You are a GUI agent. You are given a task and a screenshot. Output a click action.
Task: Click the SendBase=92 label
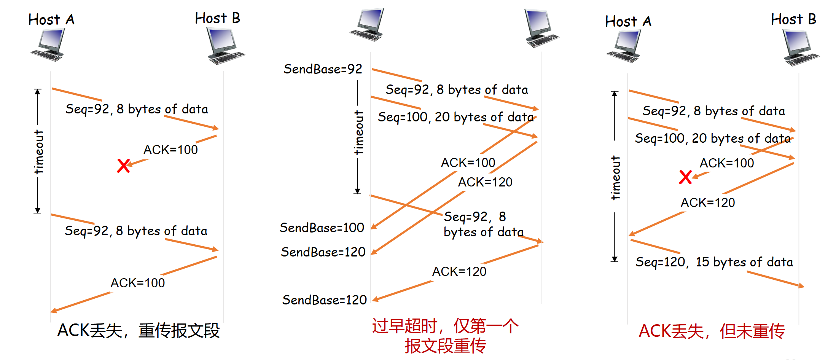(x=323, y=69)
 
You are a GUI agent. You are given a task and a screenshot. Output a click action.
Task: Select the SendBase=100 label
(x=322, y=228)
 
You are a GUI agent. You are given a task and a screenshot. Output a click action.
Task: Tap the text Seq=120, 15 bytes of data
(x=714, y=262)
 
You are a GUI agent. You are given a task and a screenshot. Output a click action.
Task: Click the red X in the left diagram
(x=124, y=166)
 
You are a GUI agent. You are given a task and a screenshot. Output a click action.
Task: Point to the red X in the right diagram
(x=685, y=177)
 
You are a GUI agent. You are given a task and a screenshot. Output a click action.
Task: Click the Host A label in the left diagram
(x=51, y=20)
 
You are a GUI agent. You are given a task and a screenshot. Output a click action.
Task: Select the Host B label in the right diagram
(x=793, y=19)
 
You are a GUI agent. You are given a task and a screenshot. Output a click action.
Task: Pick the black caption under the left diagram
(x=139, y=330)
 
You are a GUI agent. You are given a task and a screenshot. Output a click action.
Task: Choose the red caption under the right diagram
(x=712, y=331)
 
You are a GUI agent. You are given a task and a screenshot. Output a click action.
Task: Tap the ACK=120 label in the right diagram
(x=708, y=203)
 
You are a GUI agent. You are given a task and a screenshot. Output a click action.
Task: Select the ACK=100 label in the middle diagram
(x=468, y=163)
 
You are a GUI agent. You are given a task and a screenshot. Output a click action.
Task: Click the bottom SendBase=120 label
(x=324, y=300)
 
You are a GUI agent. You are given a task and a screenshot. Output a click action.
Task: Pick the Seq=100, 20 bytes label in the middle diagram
(x=455, y=117)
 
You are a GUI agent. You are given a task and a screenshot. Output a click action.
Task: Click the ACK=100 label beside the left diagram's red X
(x=170, y=150)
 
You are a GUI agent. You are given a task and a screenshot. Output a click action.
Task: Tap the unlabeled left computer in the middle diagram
(x=367, y=25)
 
